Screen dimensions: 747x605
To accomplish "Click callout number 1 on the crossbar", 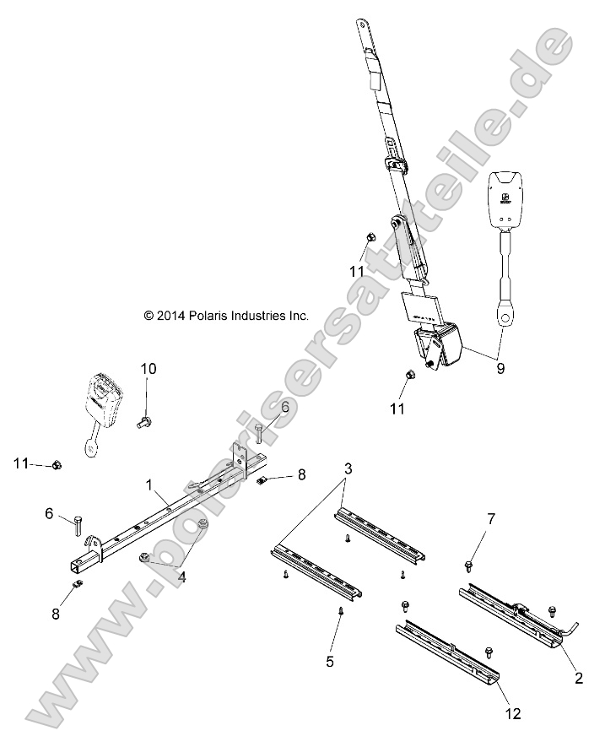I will coord(149,486).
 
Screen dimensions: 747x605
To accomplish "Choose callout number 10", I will coord(149,368).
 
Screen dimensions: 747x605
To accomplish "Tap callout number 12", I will coord(515,713).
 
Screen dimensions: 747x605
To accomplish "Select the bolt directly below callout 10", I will coord(145,419).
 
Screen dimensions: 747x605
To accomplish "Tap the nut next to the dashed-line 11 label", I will coord(57,464).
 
